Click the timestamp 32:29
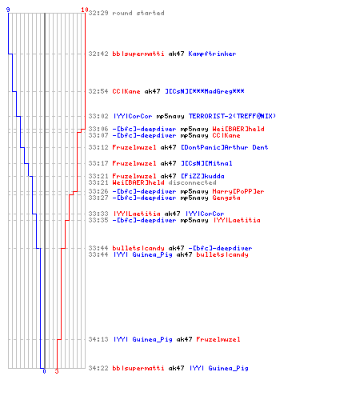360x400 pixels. tap(98, 13)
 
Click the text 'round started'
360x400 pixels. tap(138, 13)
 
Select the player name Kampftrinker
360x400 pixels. tap(212, 54)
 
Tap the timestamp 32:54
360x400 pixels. tap(98, 91)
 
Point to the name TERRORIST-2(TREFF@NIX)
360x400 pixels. tap(232, 116)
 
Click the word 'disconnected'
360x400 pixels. tap(192, 182)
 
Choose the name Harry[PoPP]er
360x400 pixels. tap(238, 191)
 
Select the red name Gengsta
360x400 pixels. tap(226, 198)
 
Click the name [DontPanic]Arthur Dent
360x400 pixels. tap(225, 147)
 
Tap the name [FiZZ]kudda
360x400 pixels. tap(202, 176)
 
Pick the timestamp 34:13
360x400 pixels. tap(98, 339)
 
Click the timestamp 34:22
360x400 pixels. tap(98, 368)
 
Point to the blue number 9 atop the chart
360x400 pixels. tap(8, 10)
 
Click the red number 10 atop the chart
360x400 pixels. tap(85, 10)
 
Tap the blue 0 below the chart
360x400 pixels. tap(44, 371)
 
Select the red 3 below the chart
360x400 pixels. tap(57, 371)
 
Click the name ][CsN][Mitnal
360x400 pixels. tap(206, 163)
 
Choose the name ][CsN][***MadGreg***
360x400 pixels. tap(205, 91)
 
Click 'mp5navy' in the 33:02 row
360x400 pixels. tap(170, 116)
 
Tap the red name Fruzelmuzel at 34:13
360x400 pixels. tap(218, 339)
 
